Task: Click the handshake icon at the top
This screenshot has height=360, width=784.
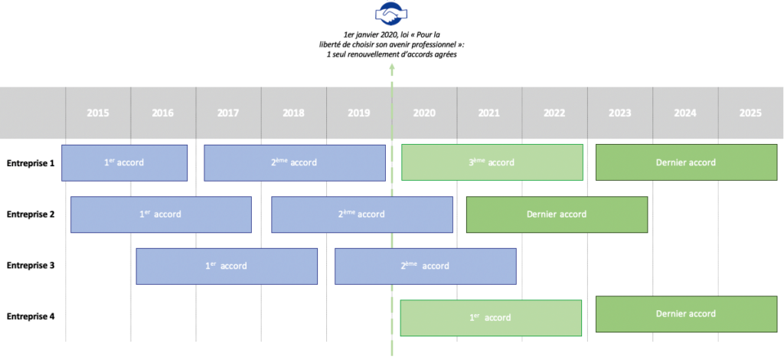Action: (391, 13)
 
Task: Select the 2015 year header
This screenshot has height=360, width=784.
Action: (98, 113)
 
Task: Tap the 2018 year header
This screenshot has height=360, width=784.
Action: (293, 113)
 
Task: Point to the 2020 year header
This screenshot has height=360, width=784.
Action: (424, 113)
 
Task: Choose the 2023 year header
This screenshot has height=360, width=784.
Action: (620, 113)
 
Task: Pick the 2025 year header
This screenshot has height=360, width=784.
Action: (750, 113)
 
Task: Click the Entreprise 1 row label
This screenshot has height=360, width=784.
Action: (31, 162)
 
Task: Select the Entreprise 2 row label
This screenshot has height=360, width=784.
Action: (31, 214)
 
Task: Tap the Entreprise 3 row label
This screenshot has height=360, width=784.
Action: (31, 266)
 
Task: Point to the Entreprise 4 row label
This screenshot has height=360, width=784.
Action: (31, 316)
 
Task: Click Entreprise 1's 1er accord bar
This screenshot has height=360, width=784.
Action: (124, 162)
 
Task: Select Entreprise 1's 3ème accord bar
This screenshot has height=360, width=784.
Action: (492, 162)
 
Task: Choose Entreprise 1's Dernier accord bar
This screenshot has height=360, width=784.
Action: (685, 162)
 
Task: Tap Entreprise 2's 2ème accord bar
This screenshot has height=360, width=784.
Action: (361, 214)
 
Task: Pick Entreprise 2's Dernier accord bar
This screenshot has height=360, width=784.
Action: (557, 214)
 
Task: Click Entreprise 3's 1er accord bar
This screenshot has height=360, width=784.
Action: (227, 266)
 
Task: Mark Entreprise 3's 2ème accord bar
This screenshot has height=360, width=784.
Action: (425, 266)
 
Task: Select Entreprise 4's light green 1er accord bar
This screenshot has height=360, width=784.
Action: (490, 317)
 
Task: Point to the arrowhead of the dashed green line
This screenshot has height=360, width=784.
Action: (392, 67)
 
